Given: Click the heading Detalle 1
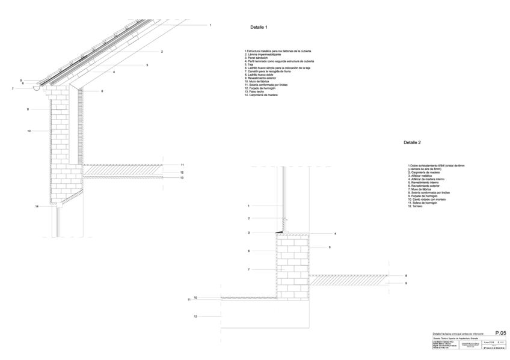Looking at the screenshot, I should pos(259,28).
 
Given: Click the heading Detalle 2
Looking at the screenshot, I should pos(412,143).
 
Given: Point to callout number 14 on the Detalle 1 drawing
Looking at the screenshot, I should pos(37,206).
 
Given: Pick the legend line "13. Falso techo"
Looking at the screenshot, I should pos(255,91).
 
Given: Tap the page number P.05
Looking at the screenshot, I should pos(500,332).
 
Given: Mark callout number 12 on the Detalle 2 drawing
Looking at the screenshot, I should pos(195,316).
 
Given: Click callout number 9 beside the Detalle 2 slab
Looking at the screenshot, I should pos(406,283).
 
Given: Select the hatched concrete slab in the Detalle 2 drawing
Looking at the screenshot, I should pos(349,279).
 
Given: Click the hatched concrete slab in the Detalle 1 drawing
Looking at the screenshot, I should pos(123,172).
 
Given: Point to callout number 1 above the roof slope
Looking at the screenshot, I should pos(210,25).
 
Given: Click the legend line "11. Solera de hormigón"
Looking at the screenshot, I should pos(425,203).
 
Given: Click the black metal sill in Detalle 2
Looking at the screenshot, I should pos(280,231).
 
